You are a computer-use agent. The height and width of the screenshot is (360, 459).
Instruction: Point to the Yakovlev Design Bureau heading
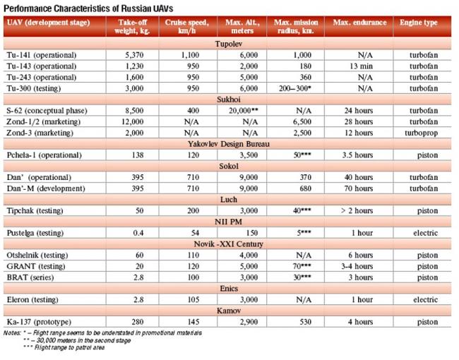(x=230, y=143)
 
